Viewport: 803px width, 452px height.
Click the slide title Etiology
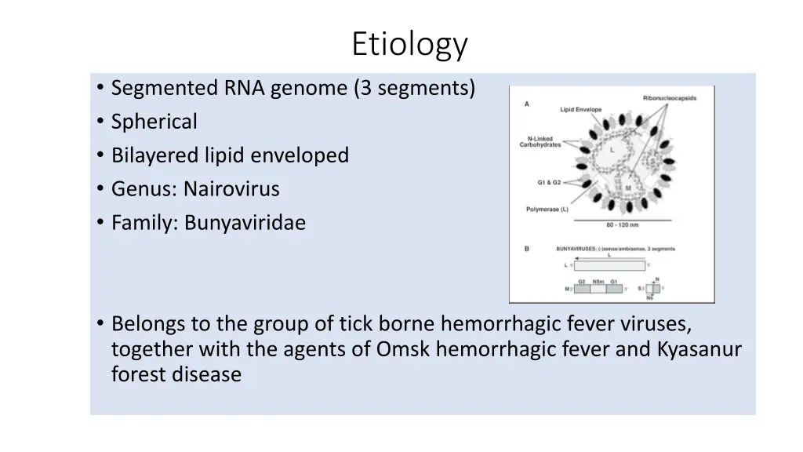coord(409,45)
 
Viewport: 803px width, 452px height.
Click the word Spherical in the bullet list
coord(154,122)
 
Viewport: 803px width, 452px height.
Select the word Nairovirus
coord(231,189)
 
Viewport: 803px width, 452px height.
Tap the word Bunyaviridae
coord(245,224)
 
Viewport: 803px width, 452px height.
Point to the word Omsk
coord(404,349)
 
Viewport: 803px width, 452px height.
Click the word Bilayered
coord(155,155)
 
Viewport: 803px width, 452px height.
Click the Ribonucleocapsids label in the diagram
coord(669,98)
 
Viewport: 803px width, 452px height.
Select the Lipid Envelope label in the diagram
coord(581,109)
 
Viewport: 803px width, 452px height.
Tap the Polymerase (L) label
coord(549,210)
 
